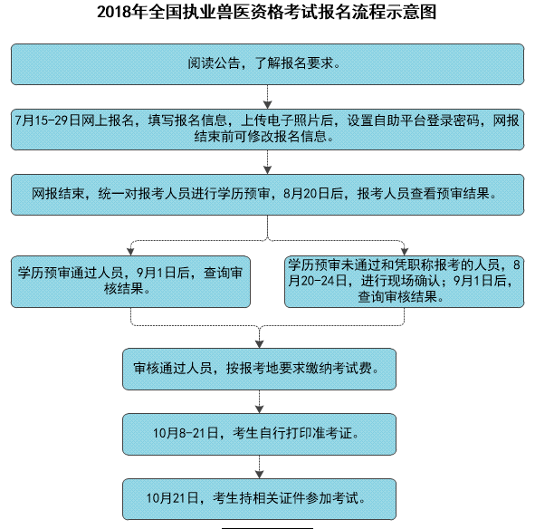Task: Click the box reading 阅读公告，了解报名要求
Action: [268, 64]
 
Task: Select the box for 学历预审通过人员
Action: [130, 282]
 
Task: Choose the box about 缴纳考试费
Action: [259, 369]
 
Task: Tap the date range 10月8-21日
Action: [186, 433]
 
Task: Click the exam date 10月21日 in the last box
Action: [172, 498]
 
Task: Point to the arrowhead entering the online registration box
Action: [268, 104]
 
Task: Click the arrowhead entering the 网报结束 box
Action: [268, 169]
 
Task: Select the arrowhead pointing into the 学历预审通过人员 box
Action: [130, 251]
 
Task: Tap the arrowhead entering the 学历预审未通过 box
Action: [405, 251]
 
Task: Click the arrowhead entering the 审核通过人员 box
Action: [259, 344]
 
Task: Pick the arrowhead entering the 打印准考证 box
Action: [259, 409]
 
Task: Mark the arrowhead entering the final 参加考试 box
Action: [259, 475]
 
